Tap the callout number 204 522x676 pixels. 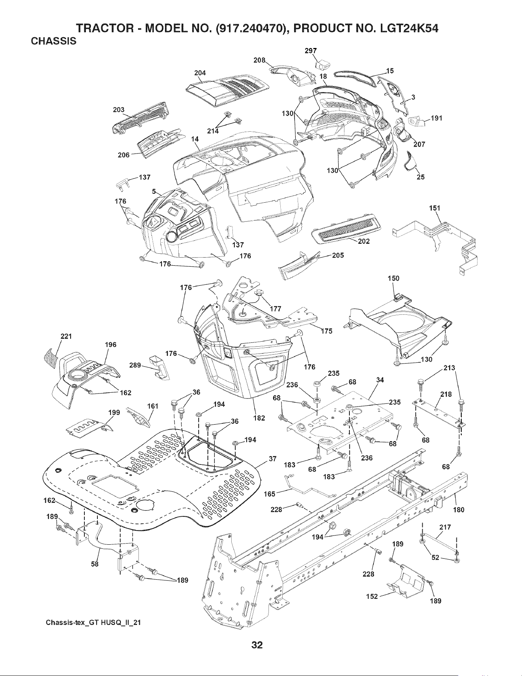click(x=200, y=73)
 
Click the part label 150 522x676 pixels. click(x=394, y=278)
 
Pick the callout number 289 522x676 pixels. click(x=135, y=365)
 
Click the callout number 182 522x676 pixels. click(x=260, y=418)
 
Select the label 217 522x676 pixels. click(x=445, y=527)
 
